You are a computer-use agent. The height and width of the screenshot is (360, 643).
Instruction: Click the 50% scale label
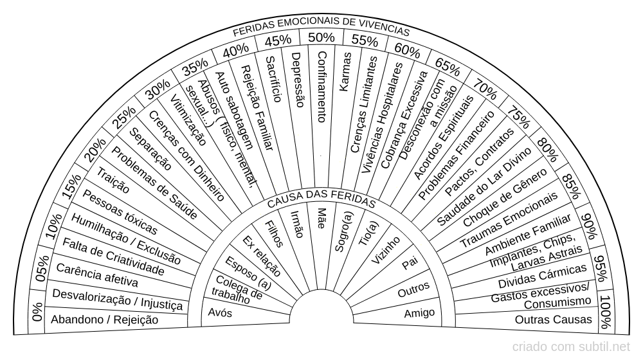pos(321,37)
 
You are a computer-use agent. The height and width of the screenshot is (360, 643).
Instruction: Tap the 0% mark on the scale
pos(37,312)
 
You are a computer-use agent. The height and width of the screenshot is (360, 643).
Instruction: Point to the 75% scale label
pos(518,117)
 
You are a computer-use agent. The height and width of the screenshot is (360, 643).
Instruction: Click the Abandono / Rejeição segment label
pos(105,319)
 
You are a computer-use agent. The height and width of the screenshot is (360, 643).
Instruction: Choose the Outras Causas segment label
pos(553,319)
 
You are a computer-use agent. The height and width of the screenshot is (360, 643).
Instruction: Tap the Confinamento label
pos(322,87)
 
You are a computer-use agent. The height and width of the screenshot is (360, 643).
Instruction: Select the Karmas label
pos(345,72)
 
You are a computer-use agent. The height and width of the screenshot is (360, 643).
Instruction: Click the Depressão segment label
pos(298,80)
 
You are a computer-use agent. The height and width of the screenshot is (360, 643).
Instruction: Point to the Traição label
pos(113,181)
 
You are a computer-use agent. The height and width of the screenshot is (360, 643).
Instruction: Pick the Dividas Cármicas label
pos(542,276)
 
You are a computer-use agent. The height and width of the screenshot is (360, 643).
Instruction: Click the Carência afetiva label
pos(97,275)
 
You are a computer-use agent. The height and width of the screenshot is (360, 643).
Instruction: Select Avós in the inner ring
pos(220,313)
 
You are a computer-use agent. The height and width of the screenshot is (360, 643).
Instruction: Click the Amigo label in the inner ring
pos(419,313)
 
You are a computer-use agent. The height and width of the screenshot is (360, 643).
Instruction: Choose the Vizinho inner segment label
pos(385,249)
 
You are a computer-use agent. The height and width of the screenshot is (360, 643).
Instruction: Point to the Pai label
pos(410,263)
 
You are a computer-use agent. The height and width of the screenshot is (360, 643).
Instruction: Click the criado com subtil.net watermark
pos(571,347)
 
